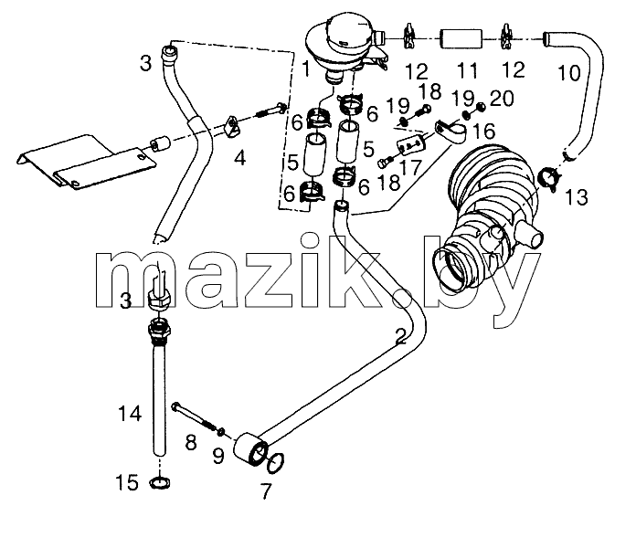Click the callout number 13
pos(576,197)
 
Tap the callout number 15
pos(127,483)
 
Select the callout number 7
pos(266,491)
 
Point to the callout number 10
pos(569,73)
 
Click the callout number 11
pos(468,70)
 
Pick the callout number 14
pos(130,414)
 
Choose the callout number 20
pos(503,99)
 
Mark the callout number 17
pos(411,166)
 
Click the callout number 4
pos(240,158)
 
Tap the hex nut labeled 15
pos(160,483)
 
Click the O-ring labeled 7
pos(275,462)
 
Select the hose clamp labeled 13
pos(549,178)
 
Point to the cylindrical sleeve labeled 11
pos(461,38)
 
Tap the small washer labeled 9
pos(221,432)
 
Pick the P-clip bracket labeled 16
pos(450,132)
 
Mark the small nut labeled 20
pos(480,107)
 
